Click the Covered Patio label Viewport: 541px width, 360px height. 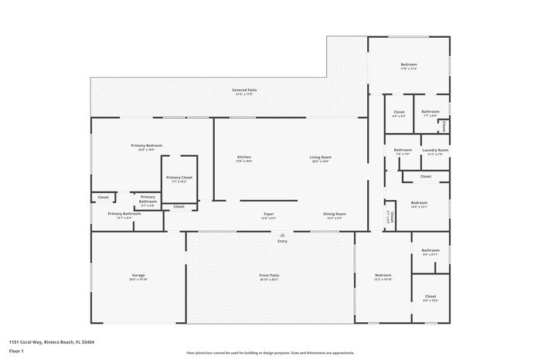[244, 90]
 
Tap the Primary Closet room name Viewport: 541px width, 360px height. [179, 178]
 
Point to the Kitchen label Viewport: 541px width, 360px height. [243, 158]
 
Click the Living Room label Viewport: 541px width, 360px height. [321, 158]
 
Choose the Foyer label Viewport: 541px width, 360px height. [268, 214]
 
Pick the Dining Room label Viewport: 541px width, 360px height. [335, 214]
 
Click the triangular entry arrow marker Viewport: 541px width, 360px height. [282, 234]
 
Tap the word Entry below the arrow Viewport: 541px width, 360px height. [282, 241]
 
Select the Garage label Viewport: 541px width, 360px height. [138, 276]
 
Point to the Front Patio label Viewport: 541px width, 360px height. [269, 276]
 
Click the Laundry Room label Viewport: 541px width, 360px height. [435, 150]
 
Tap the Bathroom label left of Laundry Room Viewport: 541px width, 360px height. [403, 150]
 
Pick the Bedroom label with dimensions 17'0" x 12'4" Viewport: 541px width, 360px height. [408, 64]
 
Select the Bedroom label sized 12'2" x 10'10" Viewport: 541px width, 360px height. [383, 276]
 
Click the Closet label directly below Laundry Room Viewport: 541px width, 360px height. [426, 176]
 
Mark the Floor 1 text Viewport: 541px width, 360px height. [16, 351]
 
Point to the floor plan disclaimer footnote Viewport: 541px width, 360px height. [270, 352]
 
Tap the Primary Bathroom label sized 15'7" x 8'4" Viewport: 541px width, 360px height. [119, 214]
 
